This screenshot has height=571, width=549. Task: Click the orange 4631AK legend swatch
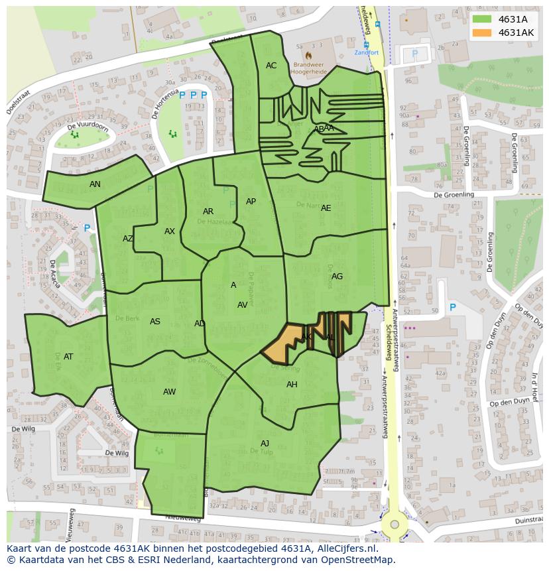point(483,32)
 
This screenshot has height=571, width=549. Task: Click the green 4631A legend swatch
point(483,19)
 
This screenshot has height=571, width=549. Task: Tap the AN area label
point(95,184)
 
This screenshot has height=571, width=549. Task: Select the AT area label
point(68,357)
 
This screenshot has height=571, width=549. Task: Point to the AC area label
point(271,66)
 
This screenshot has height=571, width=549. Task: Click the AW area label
point(169,392)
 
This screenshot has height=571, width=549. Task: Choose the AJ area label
point(265,444)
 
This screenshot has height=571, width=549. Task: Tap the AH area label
point(292,385)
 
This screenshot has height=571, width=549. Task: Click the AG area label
point(337,277)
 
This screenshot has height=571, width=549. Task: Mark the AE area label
point(326,208)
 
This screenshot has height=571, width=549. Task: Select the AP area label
point(251,202)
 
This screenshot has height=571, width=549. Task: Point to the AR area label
point(208,212)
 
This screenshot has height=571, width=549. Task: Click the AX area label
point(170,231)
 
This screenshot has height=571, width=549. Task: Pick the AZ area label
point(128,239)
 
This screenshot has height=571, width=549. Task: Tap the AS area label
point(154,322)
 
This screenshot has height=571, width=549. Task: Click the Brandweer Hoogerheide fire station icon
point(309,55)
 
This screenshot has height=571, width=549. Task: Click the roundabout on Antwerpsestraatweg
point(395,525)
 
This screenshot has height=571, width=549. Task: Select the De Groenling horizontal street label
point(454,195)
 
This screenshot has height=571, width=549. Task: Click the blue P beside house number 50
point(453,308)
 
